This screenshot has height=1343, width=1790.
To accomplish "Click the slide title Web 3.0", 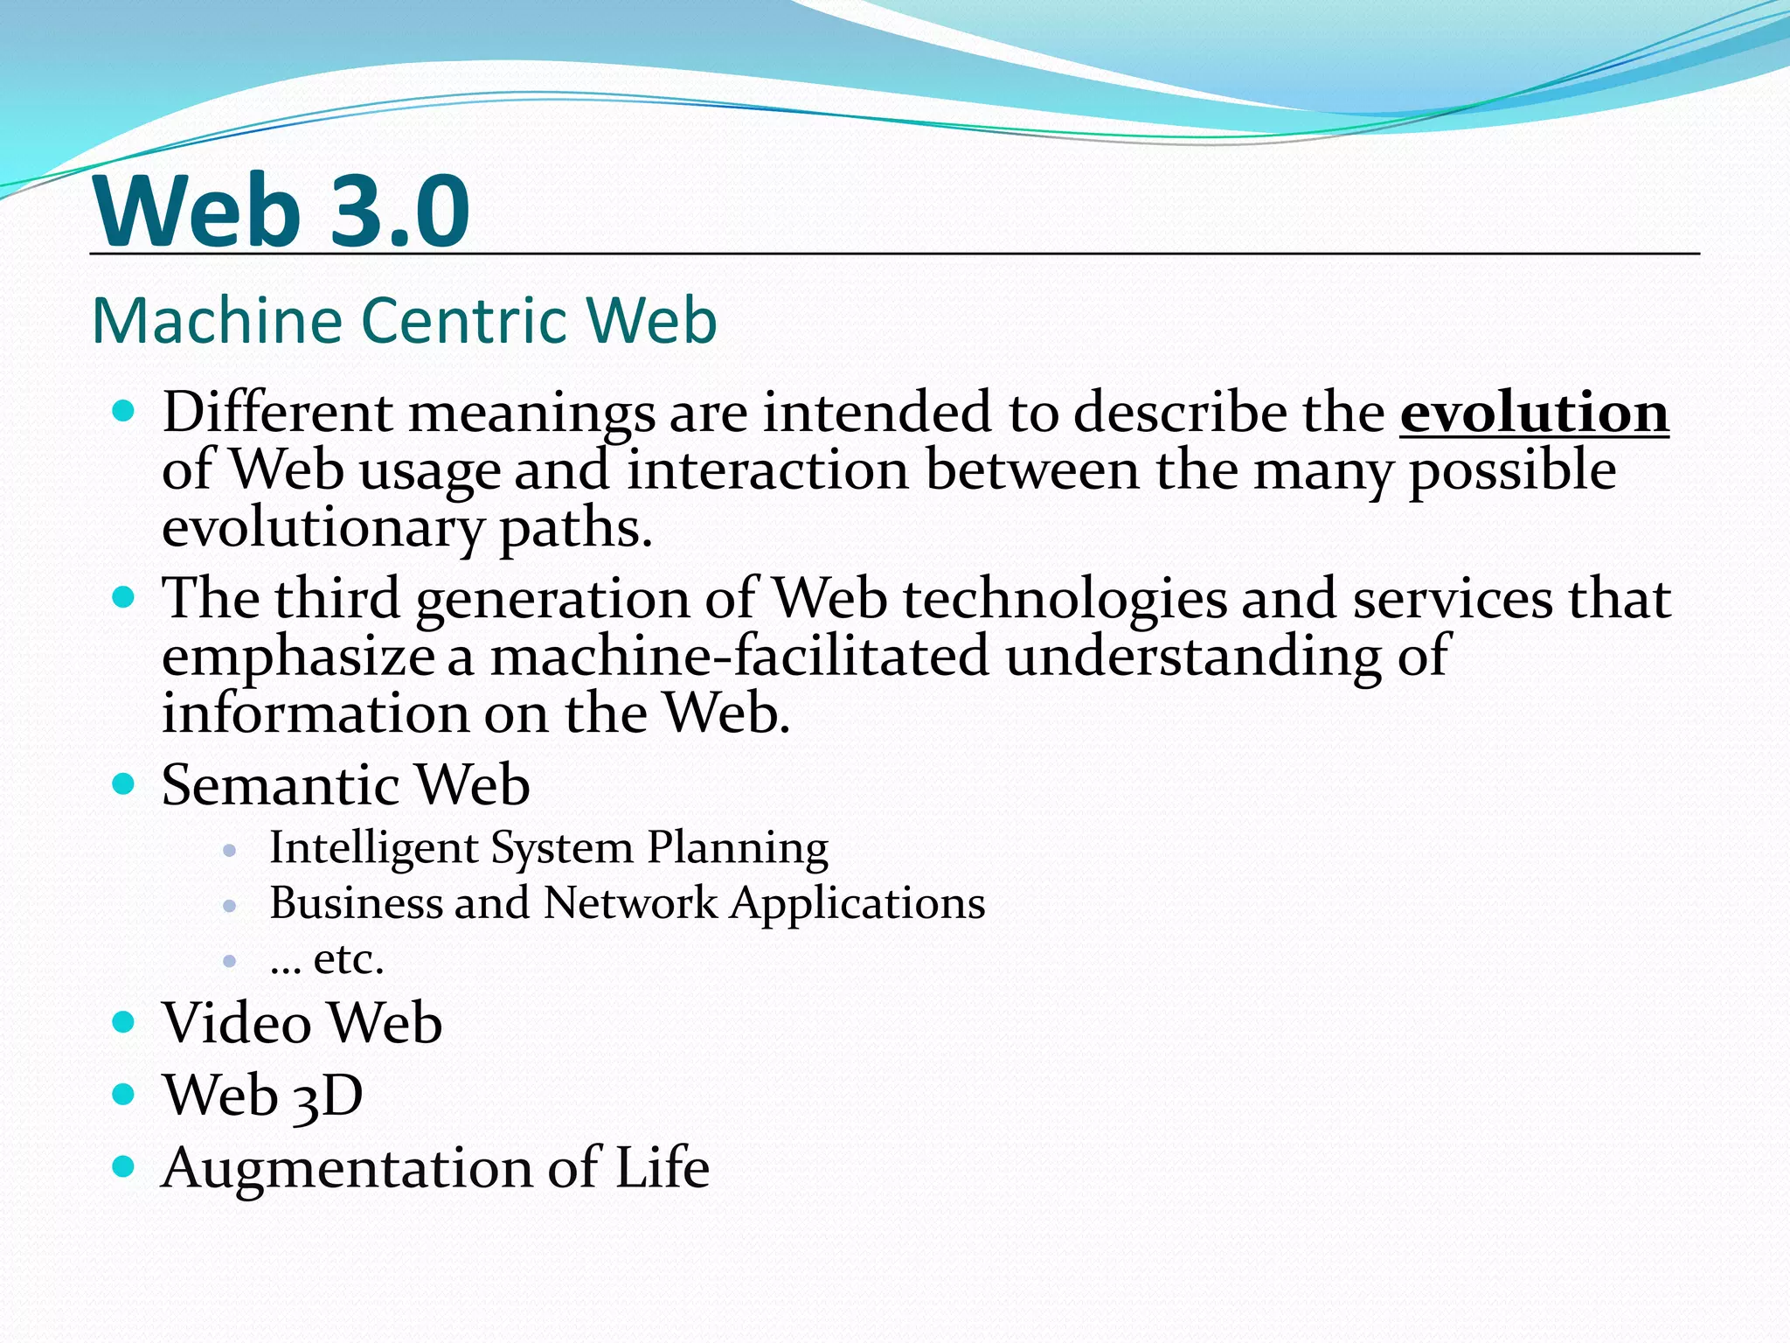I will pyautogui.click(x=281, y=212).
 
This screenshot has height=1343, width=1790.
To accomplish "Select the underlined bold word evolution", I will pyautogui.click(x=1534, y=413).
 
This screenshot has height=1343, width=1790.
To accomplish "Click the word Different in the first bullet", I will pyautogui.click(x=277, y=413).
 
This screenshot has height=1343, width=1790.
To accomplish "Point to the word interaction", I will pyautogui.click(x=767, y=470).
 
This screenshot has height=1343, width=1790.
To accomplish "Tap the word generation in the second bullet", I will pyautogui.click(x=552, y=600).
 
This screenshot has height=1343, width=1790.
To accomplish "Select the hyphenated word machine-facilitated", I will pyautogui.click(x=739, y=657).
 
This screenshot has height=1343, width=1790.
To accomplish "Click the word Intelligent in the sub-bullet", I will pyautogui.click(x=373, y=848).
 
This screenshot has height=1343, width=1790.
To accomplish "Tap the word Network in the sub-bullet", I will pyautogui.click(x=629, y=903).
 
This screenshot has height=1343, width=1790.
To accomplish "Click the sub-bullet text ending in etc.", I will pyautogui.click(x=327, y=959).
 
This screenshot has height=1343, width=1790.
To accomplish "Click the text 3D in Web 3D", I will pyautogui.click(x=327, y=1096).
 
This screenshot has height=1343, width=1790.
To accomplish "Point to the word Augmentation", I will pyautogui.click(x=346, y=1167).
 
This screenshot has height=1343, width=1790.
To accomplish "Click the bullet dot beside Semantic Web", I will pyautogui.click(x=124, y=783).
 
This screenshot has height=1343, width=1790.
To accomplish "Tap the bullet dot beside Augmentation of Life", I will pyautogui.click(x=124, y=1166).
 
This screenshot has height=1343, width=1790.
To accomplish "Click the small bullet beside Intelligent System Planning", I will pyautogui.click(x=230, y=850).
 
